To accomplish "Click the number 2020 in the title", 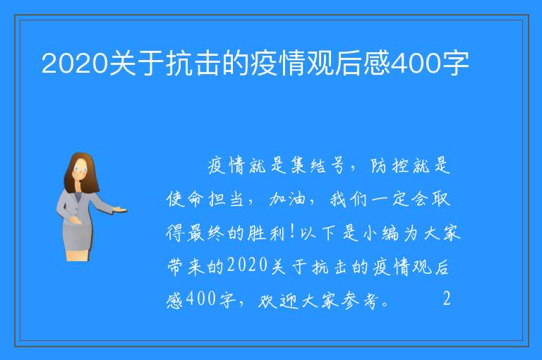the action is click(x=74, y=64).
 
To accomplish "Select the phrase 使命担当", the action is click(x=205, y=199).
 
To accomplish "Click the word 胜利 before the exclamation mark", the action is click(x=266, y=233).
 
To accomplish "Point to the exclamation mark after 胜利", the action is click(x=292, y=232).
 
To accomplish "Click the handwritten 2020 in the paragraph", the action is click(x=248, y=265).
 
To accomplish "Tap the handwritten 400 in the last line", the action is click(x=201, y=299).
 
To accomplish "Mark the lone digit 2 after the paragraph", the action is click(x=447, y=298).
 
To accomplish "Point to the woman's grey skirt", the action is click(x=78, y=236).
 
